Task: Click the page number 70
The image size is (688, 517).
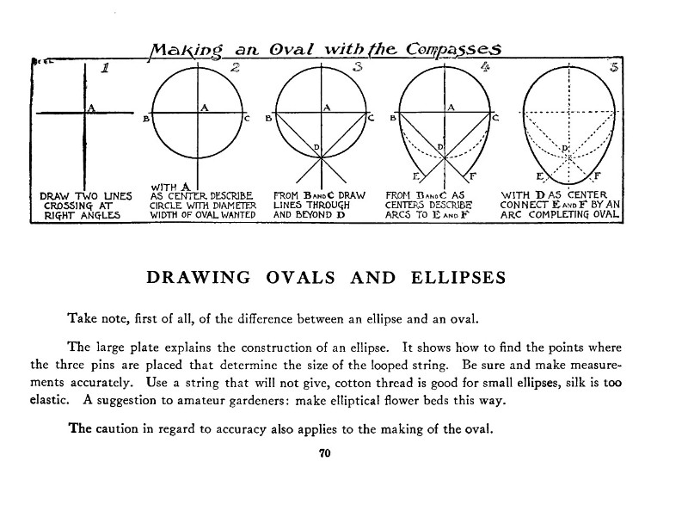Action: [x=325, y=453]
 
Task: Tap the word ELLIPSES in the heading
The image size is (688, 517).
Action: [x=458, y=277]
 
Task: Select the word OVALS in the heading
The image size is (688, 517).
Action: [x=300, y=277]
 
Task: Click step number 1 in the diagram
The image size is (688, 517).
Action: [x=105, y=68]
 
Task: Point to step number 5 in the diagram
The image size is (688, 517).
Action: [x=614, y=67]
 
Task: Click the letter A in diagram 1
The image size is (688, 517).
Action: [x=91, y=108]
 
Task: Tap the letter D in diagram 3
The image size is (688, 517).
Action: [x=316, y=147]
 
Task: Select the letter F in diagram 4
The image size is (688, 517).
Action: [x=472, y=176]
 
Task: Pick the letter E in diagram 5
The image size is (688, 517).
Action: [x=540, y=176]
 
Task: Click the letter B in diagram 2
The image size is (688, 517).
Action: [x=146, y=119]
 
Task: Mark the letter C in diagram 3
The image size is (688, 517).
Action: [x=372, y=118]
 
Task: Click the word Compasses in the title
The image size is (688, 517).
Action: [x=453, y=49]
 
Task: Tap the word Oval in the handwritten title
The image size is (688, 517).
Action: [x=292, y=50]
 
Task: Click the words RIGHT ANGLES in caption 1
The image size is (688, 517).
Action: [x=82, y=215]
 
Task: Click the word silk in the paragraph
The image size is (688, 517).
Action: [x=574, y=383]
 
